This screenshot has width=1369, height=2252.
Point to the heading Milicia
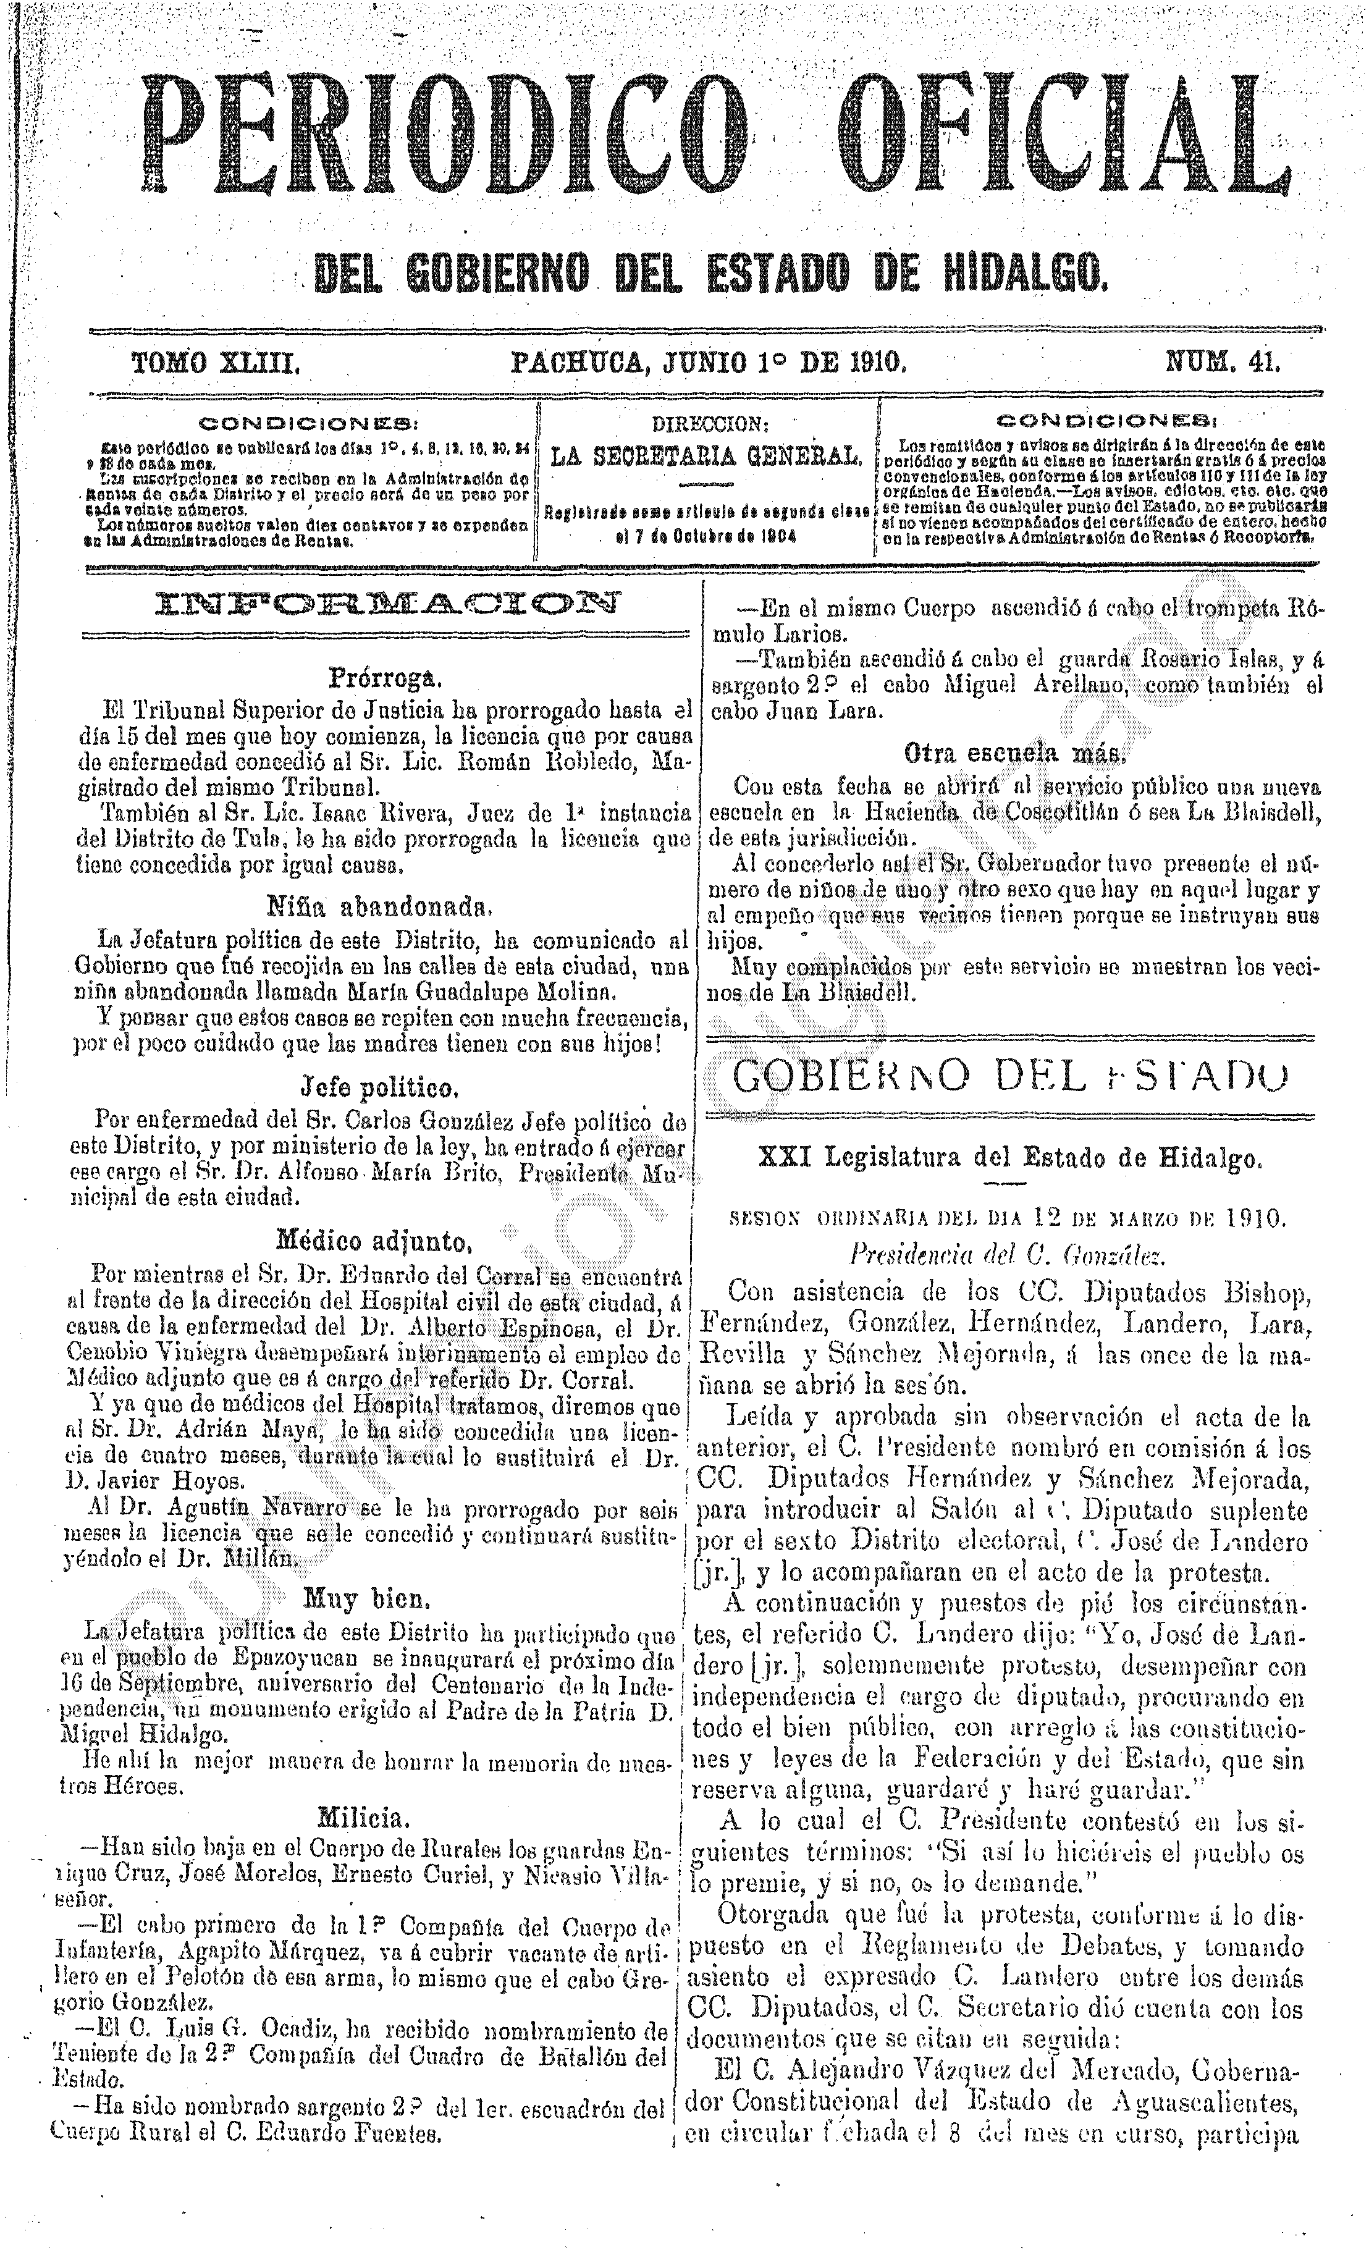pyautogui.click(x=368, y=1813)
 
